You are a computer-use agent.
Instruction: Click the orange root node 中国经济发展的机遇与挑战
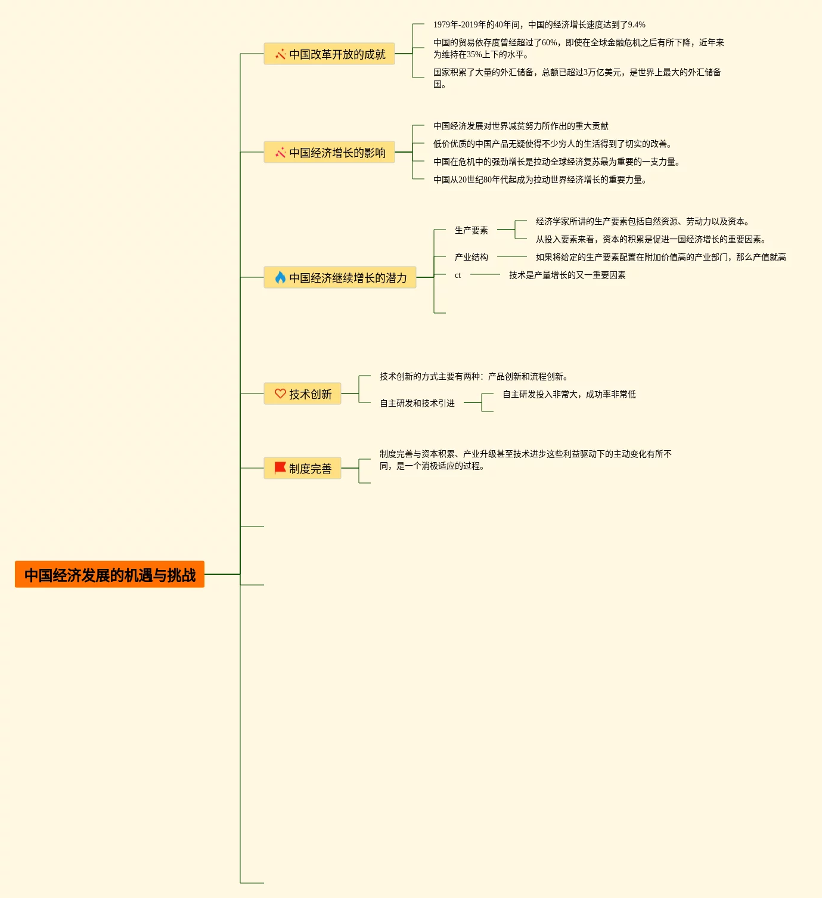point(110,574)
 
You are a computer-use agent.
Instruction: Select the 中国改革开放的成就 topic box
point(329,54)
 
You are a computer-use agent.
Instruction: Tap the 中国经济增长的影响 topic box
point(329,152)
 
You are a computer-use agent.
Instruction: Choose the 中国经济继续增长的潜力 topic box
point(340,277)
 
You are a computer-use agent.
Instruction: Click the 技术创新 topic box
point(303,394)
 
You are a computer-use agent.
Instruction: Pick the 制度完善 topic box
point(303,468)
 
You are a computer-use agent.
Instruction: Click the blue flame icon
point(280,277)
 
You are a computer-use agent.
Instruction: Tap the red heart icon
point(280,394)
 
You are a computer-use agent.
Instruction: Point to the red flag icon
point(280,468)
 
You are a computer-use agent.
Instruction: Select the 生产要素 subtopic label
point(471,230)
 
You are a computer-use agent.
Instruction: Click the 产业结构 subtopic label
point(471,257)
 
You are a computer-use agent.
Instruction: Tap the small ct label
point(458,275)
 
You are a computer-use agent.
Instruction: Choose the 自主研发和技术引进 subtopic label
point(417,403)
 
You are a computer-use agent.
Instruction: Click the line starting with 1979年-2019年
point(539,24)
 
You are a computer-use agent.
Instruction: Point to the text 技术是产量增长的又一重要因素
point(567,275)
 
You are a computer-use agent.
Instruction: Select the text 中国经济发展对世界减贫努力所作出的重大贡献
point(520,126)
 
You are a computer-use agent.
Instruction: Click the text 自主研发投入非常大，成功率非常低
point(569,394)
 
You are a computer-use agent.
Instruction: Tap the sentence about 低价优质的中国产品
point(553,144)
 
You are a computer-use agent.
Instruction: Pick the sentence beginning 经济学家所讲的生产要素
point(642,221)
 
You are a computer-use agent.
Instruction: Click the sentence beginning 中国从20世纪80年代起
point(539,179)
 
